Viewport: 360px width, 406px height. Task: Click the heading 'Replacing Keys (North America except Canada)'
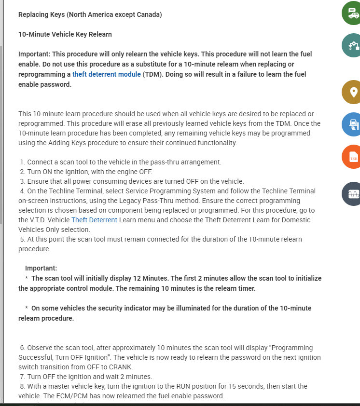[x=90, y=14]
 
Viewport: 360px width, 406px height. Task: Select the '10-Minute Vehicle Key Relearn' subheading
[x=65, y=34]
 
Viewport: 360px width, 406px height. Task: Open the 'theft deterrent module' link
[x=106, y=74]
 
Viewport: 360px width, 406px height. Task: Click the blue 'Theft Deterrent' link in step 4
[x=94, y=220]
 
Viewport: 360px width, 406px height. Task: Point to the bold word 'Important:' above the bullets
[x=41, y=268]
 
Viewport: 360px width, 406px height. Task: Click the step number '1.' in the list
[x=23, y=162]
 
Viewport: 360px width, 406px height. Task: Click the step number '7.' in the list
[x=23, y=377]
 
